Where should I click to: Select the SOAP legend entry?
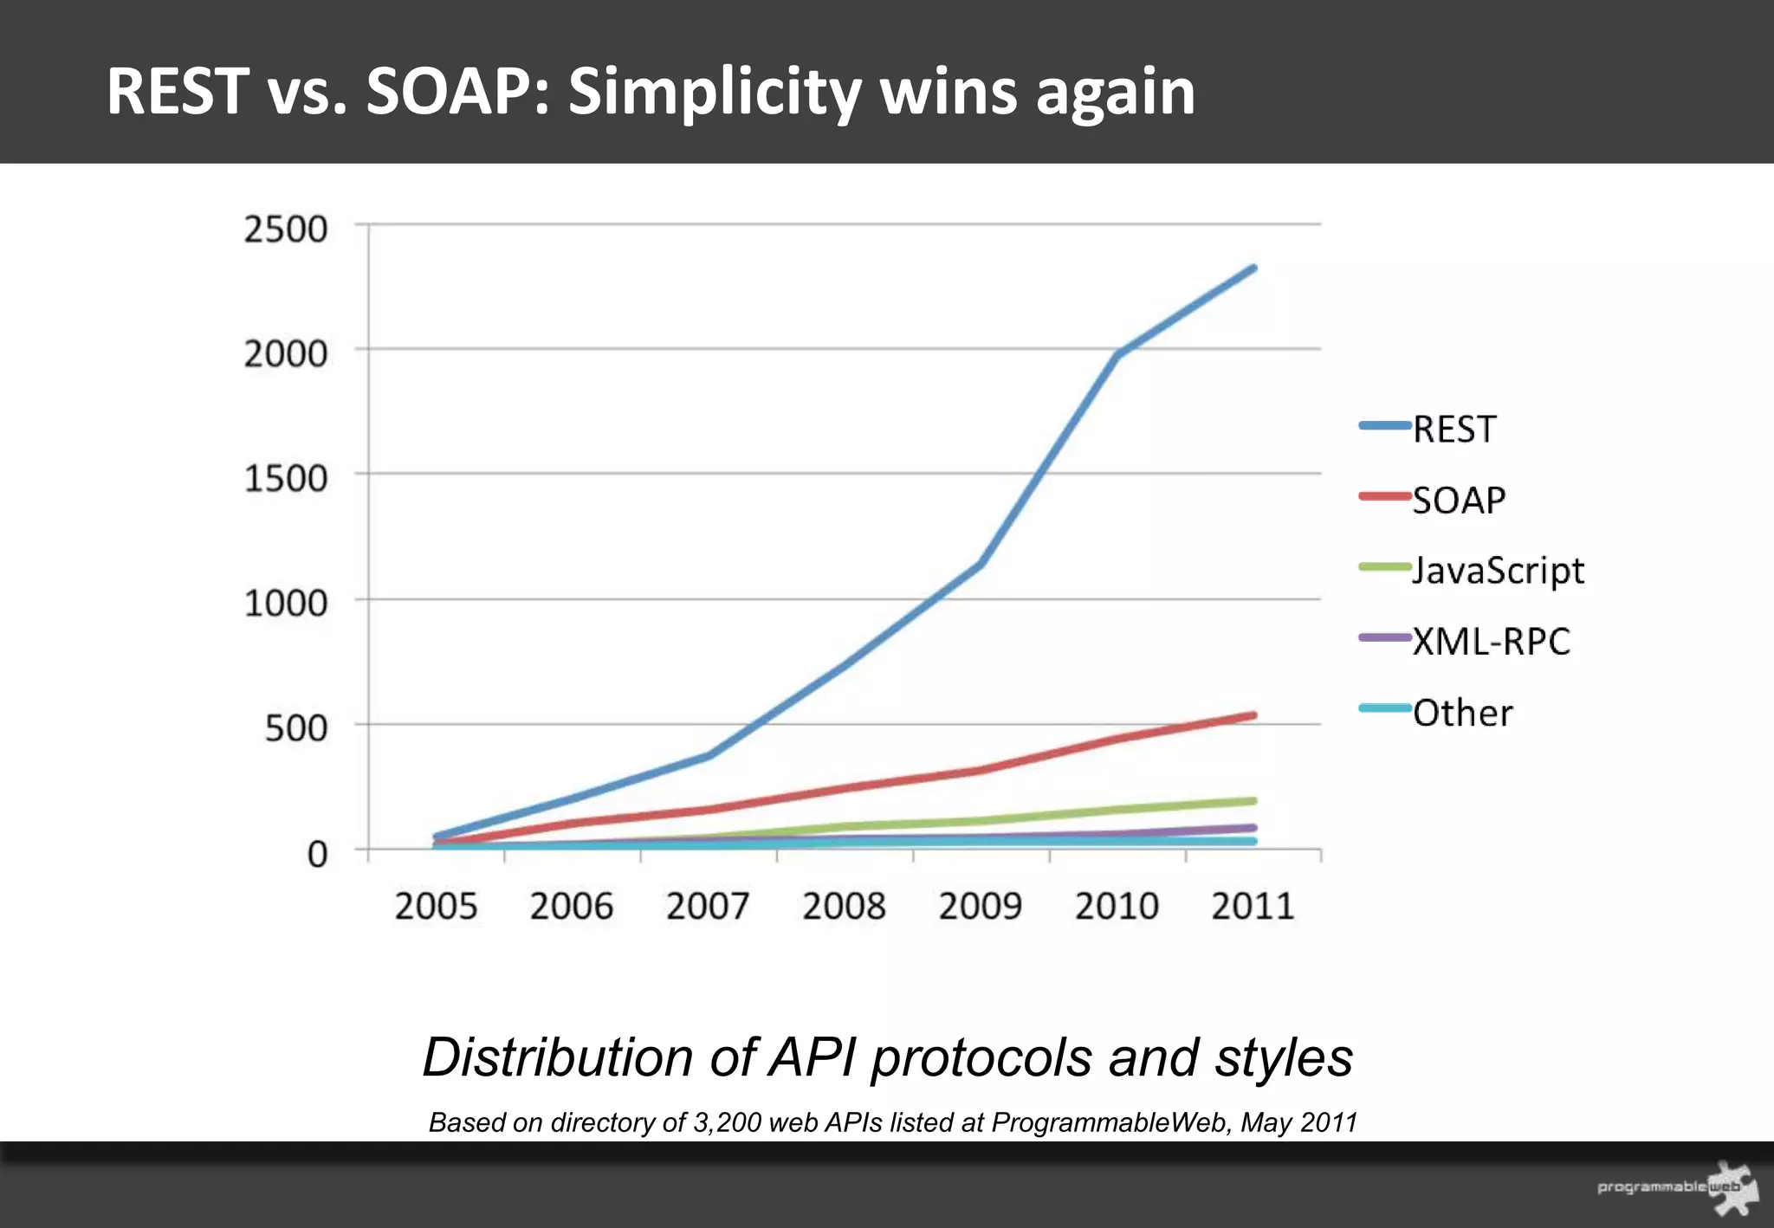pyautogui.click(x=1459, y=500)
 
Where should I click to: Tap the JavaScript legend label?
pyautogui.click(x=1498, y=571)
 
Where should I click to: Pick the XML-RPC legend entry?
pyautogui.click(x=1491, y=642)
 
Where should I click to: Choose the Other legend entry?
pyautogui.click(x=1462, y=713)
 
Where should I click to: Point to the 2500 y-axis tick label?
pyautogui.click(x=285, y=229)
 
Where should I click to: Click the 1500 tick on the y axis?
pyautogui.click(x=285, y=478)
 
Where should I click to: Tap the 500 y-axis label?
pyautogui.click(x=295, y=728)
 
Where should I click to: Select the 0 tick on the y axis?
pyautogui.click(x=317, y=854)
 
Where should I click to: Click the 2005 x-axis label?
pyautogui.click(x=436, y=907)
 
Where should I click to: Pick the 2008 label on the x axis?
pyautogui.click(x=844, y=907)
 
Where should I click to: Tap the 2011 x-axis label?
pyautogui.click(x=1252, y=907)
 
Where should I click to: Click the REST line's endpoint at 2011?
pyautogui.click(x=1253, y=268)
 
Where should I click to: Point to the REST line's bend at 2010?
pyautogui.click(x=1117, y=354)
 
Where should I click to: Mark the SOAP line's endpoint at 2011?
pyautogui.click(x=1253, y=715)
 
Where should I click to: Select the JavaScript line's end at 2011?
pyautogui.click(x=1253, y=801)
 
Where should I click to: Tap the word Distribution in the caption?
pyautogui.click(x=556, y=1057)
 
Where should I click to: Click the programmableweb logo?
pyautogui.click(x=1676, y=1187)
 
